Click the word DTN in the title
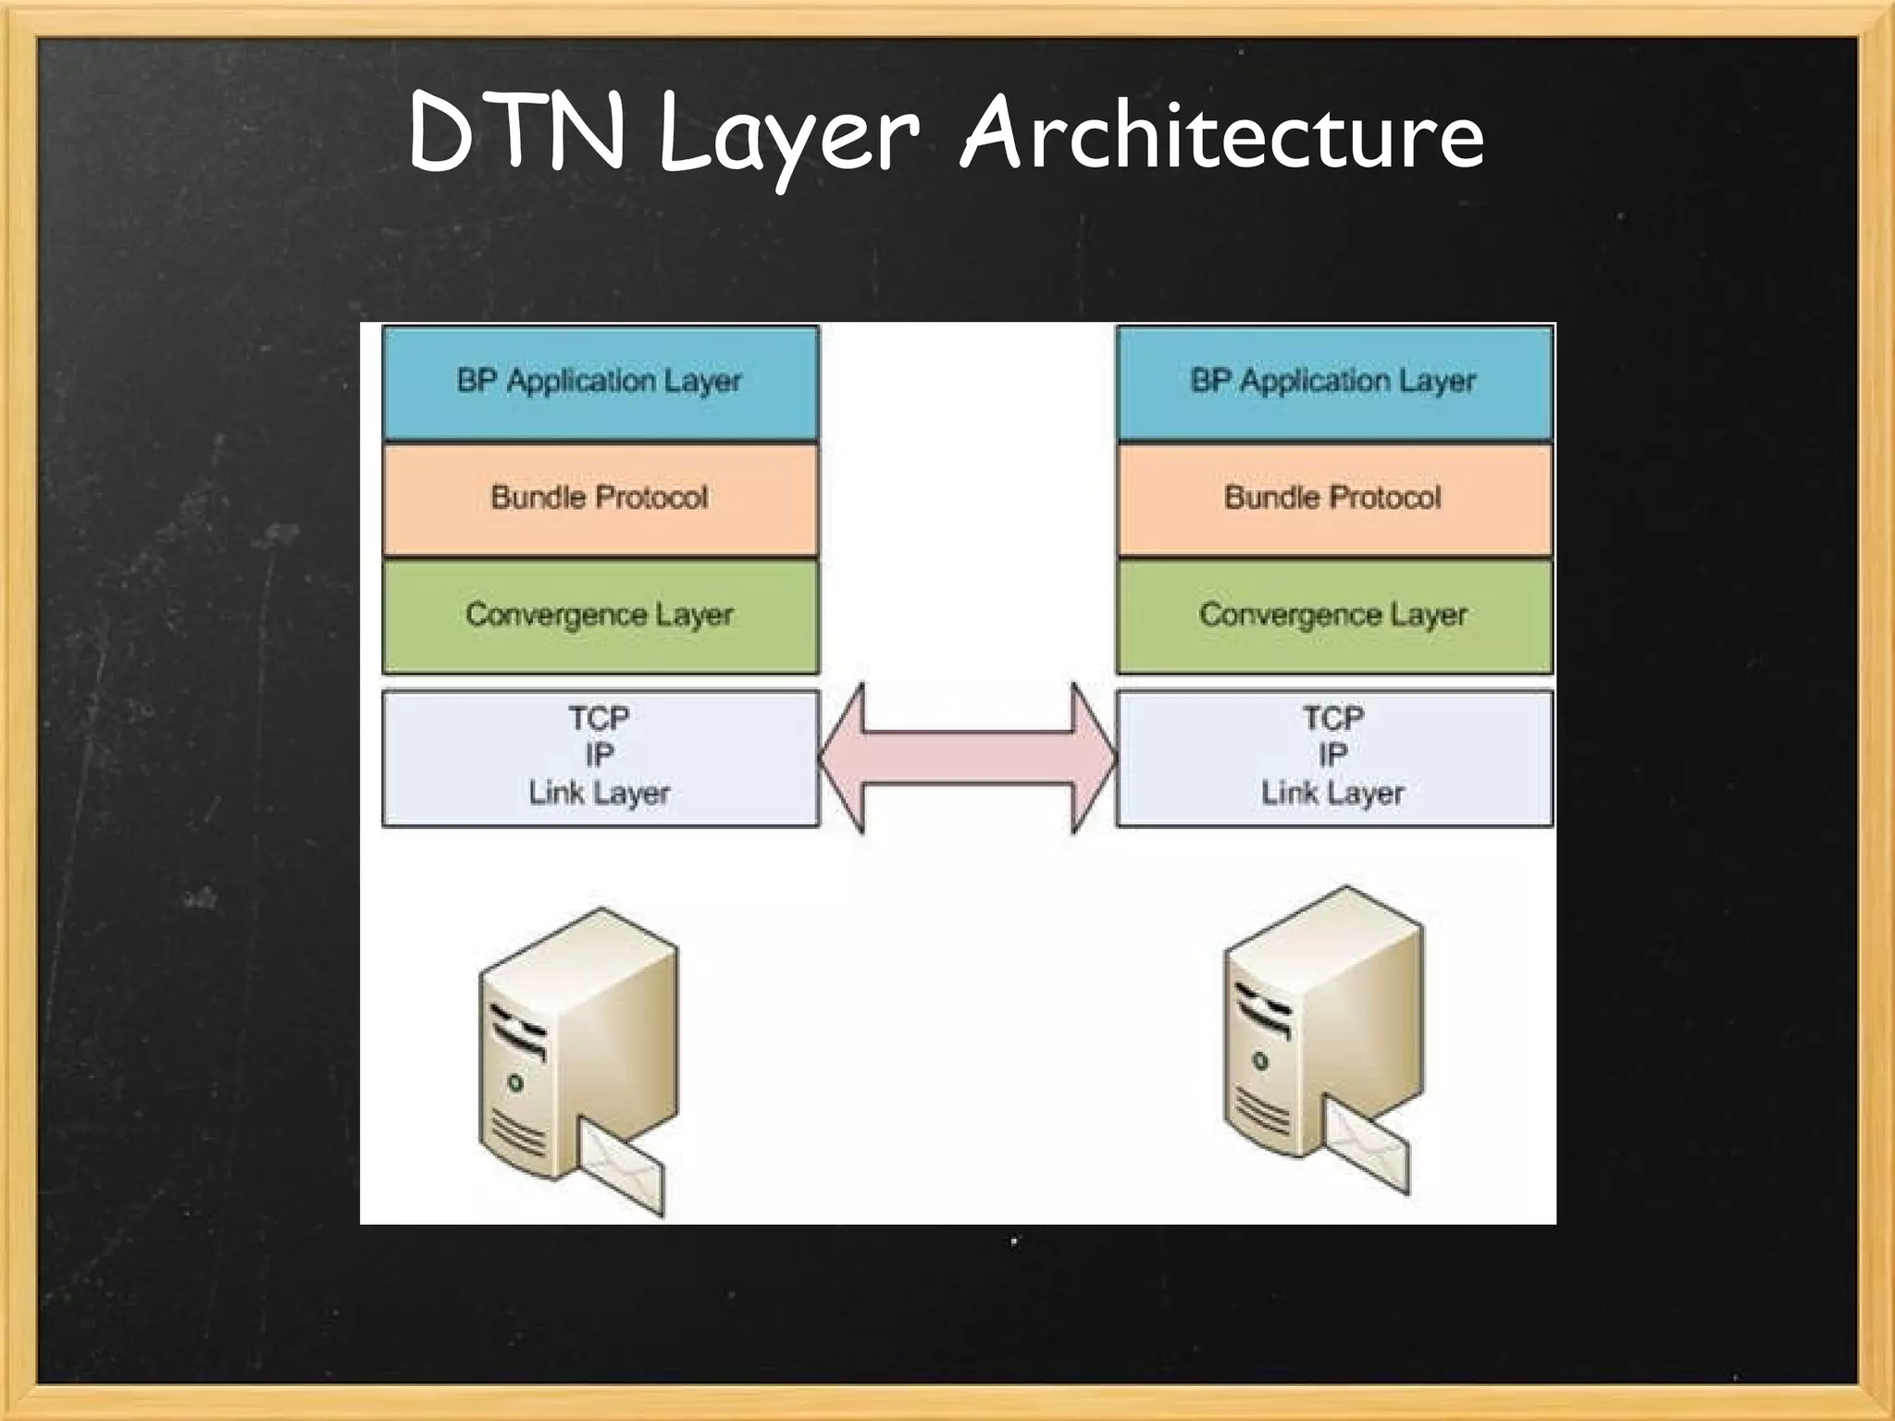pyautogui.click(x=516, y=134)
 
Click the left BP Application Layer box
pyautogui.click(x=600, y=382)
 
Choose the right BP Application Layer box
pyautogui.click(x=1333, y=382)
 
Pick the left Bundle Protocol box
pyautogui.click(x=600, y=499)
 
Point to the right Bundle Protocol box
pyautogui.click(x=1333, y=499)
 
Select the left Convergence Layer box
pyautogui.click(x=600, y=615)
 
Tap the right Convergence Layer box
pyautogui.click(x=1333, y=615)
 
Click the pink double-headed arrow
pyautogui.click(x=968, y=759)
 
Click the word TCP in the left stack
pyautogui.click(x=600, y=718)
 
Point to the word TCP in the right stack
pyautogui.click(x=1333, y=718)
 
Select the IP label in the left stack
pyautogui.click(x=600, y=755)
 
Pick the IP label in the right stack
pyautogui.click(x=1333, y=755)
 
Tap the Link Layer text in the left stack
pyautogui.click(x=600, y=793)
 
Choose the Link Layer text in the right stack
pyautogui.click(x=1333, y=793)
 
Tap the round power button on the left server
pyautogui.click(x=515, y=1083)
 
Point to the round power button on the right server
pyautogui.click(x=1259, y=1061)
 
